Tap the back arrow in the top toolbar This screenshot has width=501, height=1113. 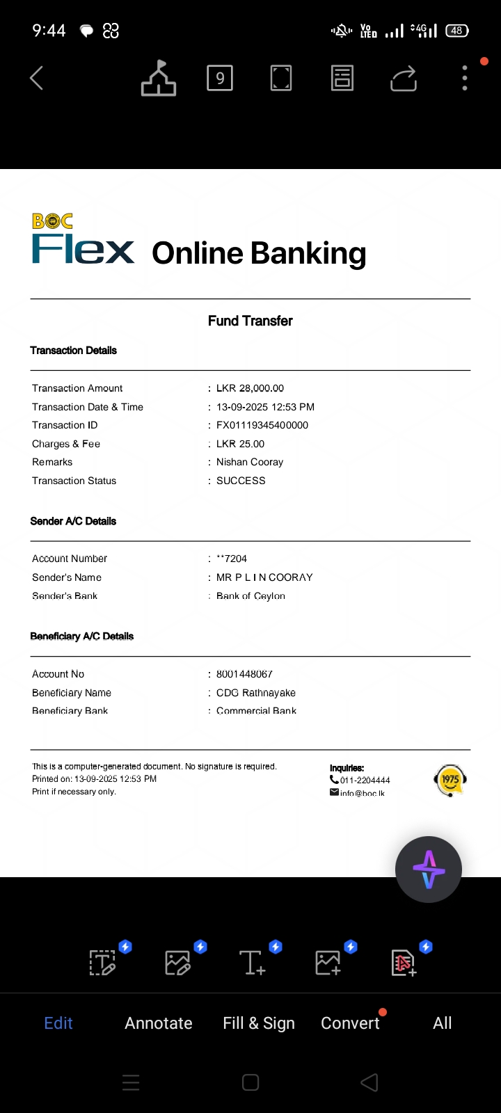point(37,78)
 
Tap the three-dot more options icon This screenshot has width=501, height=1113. point(465,78)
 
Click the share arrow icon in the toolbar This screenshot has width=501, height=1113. point(404,78)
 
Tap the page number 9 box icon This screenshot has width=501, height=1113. point(220,78)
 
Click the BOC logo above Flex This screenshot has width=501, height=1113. point(52,221)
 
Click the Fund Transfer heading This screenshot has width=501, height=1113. point(250,321)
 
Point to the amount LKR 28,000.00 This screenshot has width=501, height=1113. point(250,388)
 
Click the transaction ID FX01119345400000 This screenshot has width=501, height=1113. point(262,425)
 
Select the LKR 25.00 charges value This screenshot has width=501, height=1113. point(240,444)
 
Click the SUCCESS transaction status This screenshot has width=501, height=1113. point(241,481)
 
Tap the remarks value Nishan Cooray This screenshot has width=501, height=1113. point(250,462)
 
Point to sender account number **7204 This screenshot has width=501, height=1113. point(232,559)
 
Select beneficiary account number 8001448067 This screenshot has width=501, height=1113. point(244,674)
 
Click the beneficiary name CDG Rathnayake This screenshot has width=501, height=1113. point(255,693)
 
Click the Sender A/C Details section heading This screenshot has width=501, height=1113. point(73,521)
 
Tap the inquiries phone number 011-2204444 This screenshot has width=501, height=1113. point(365,780)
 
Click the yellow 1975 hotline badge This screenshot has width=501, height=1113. point(450,780)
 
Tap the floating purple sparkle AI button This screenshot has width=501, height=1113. point(428,870)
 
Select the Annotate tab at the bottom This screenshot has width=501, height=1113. point(159,1023)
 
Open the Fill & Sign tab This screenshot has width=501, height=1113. point(259,1023)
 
